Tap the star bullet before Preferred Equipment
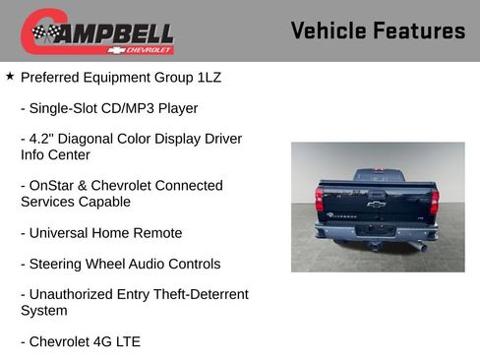click(10, 75)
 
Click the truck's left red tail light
click(319, 201)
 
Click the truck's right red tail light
click(435, 202)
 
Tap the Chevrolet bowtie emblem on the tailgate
click(377, 205)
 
